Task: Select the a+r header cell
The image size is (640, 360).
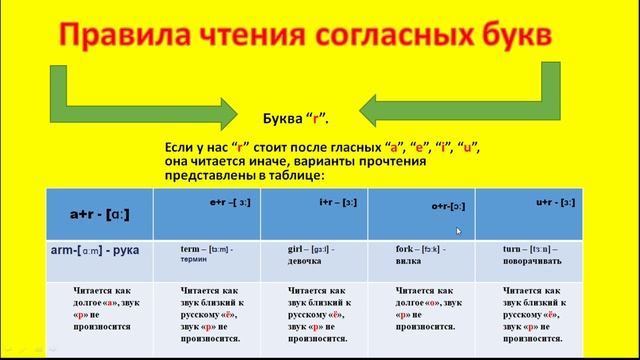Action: tap(97, 213)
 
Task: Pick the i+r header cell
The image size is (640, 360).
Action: tap(332, 202)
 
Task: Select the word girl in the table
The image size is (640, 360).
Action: tap(299, 247)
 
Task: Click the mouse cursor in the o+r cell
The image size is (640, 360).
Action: tap(459, 231)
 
